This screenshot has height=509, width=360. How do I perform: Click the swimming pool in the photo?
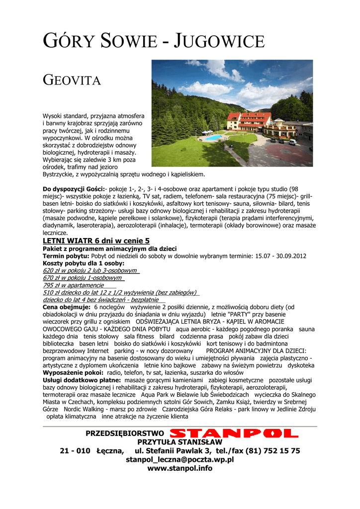[213, 137]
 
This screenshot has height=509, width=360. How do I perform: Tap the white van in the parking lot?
[292, 142]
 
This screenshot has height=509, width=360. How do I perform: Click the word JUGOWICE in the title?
[219, 41]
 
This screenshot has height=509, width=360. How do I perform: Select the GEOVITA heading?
[72, 80]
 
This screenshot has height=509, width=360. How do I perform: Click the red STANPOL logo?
[237, 433]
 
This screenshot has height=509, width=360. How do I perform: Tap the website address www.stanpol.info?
[180, 468]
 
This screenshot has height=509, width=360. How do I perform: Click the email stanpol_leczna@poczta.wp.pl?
[180, 460]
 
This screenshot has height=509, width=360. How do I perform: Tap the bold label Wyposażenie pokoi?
[73, 373]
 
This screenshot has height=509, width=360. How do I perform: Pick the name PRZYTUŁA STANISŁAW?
[180, 442]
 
